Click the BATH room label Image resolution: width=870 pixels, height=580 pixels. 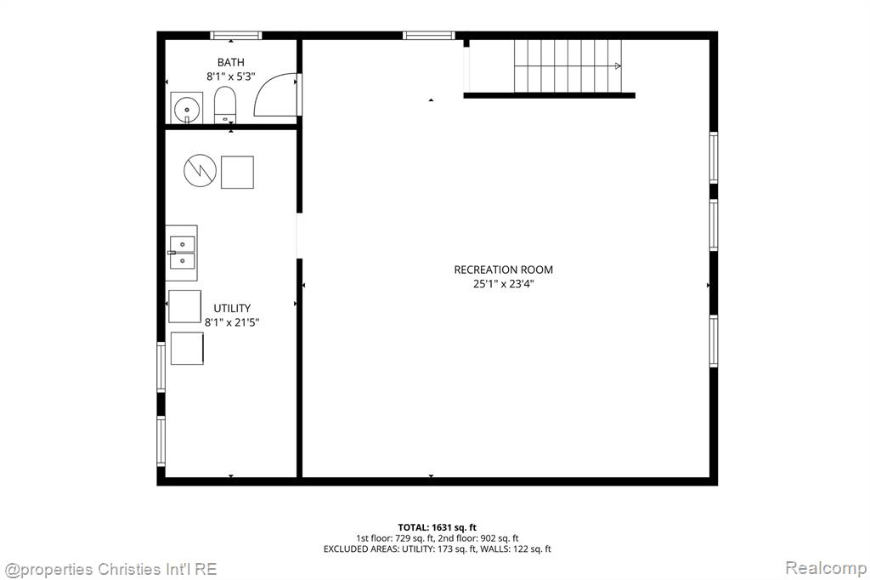coord(230,62)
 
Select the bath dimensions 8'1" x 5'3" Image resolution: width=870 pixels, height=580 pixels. coord(231,76)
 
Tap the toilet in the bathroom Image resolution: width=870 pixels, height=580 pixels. coord(225,105)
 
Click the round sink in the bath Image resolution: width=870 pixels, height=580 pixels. coord(186,108)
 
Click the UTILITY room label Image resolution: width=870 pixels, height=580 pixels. coord(232,309)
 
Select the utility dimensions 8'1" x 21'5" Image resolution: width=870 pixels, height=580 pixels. coord(232,322)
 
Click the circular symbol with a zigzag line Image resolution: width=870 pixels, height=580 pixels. coord(200,171)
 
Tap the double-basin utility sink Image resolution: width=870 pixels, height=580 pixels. coord(182,253)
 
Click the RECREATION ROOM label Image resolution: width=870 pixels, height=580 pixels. coord(503,270)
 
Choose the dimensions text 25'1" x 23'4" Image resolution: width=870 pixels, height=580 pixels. coord(503,284)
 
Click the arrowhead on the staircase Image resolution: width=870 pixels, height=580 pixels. coord(619,66)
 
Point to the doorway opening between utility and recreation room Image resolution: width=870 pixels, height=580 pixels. coord(299,236)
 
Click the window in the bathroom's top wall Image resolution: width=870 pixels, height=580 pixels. coord(236,36)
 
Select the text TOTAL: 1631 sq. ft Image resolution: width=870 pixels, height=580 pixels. coord(438,528)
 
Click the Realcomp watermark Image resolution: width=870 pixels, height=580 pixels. coord(826,568)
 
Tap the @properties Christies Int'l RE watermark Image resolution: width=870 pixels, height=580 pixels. coord(110,570)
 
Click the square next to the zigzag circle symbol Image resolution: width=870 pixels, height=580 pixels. coord(238,173)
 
